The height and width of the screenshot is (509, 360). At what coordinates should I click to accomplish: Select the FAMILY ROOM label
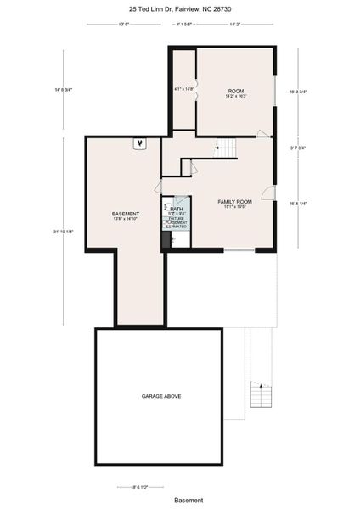click(x=235, y=202)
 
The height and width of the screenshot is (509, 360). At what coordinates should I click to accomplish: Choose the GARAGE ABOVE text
click(x=161, y=396)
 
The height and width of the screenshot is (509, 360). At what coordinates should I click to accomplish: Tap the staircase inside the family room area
click(x=227, y=150)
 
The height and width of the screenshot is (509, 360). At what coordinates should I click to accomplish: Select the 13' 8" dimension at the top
click(x=123, y=25)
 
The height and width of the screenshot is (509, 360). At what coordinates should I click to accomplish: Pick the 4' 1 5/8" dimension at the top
click(x=183, y=25)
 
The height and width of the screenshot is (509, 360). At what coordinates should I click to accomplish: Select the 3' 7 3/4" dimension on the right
click(x=298, y=148)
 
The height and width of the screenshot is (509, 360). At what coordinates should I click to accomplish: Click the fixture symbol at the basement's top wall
click(x=140, y=143)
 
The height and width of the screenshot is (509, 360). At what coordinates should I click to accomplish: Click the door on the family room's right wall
click(x=268, y=193)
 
